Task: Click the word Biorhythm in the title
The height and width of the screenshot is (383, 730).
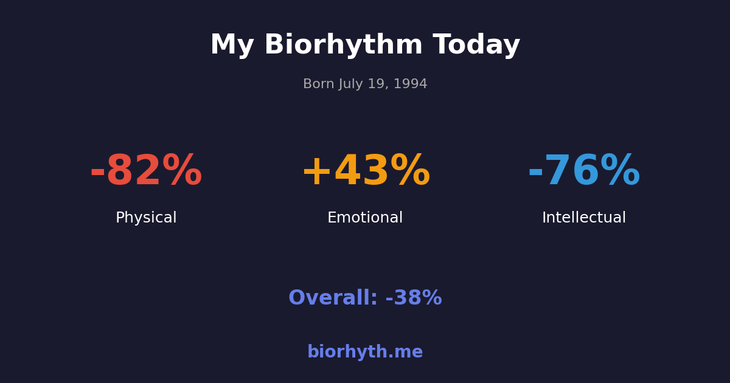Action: [343, 46]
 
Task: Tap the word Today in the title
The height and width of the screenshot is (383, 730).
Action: [476, 46]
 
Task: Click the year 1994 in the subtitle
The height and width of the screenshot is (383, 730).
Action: [411, 85]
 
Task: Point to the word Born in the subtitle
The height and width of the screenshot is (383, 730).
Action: [319, 85]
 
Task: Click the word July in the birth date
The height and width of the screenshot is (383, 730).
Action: [352, 85]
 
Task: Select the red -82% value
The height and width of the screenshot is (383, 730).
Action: [146, 172]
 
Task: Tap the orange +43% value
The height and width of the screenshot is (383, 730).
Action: [365, 172]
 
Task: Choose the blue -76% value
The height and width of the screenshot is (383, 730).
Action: [584, 172]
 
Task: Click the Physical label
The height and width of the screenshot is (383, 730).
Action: [146, 218]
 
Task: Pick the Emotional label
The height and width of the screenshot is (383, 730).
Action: [365, 218]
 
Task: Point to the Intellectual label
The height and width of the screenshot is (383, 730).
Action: [584, 218]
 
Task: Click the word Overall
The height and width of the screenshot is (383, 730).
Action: [332, 298]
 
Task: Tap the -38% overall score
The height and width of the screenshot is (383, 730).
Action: [414, 298]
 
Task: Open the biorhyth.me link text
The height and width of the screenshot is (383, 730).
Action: [365, 353]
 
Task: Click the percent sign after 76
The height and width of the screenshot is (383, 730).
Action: [620, 172]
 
